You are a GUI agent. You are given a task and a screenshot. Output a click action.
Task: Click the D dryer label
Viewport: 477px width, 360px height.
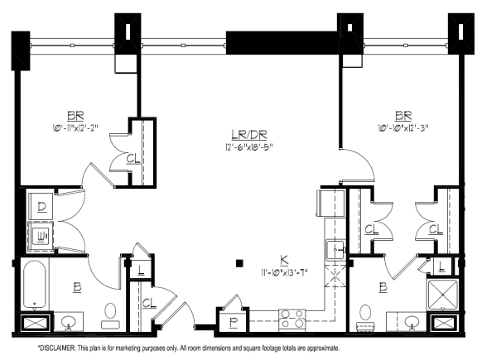click(41, 205)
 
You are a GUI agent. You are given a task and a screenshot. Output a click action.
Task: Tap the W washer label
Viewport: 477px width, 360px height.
click(41, 236)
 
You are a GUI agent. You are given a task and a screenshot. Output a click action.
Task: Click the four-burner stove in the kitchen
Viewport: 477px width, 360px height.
click(292, 319)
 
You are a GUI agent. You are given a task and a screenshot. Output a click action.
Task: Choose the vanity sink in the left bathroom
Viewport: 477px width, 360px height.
click(69, 321)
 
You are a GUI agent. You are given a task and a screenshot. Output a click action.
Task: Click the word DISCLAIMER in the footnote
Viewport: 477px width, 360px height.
click(57, 348)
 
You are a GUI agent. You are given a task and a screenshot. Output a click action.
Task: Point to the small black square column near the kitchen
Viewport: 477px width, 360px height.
click(238, 263)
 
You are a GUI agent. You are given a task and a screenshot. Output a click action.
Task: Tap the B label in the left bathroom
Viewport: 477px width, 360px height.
click(76, 287)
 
